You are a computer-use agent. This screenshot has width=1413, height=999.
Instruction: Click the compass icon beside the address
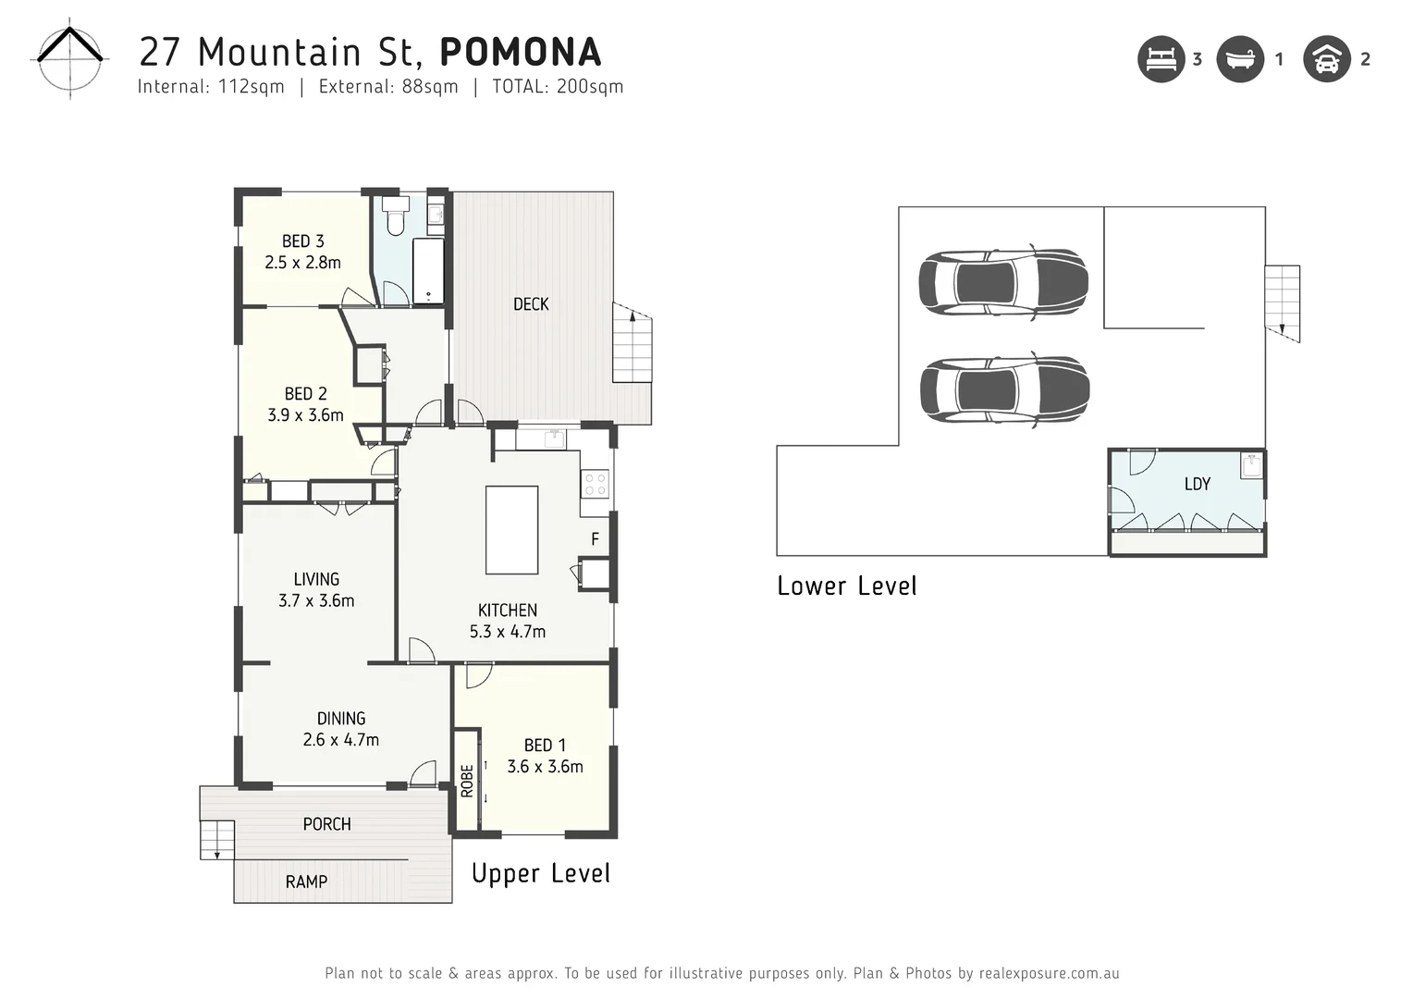coord(70,60)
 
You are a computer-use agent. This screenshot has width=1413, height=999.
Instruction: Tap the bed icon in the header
coord(1161,59)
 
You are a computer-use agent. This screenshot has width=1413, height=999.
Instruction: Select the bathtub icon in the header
coord(1239,59)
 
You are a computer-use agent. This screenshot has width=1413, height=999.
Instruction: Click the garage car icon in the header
coord(1326,59)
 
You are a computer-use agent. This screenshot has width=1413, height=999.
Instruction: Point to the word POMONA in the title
coord(521,52)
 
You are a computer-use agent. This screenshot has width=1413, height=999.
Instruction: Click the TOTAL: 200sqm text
coord(558,87)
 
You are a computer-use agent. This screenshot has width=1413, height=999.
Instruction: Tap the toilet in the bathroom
coord(396,216)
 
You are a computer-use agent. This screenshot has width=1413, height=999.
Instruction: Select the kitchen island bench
coord(511,530)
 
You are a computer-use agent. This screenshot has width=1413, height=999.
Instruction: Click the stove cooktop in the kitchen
coord(595,484)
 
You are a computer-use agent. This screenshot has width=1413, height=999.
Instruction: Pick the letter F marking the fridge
coord(595,539)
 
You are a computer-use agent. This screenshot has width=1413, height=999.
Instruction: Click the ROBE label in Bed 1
coord(467,781)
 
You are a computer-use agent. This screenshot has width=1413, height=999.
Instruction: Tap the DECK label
coord(531,304)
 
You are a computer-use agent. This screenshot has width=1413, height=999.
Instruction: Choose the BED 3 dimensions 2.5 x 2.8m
coord(302,263)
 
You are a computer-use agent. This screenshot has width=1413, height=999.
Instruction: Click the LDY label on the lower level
coord(1197,484)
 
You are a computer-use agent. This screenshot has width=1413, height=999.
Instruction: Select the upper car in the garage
coord(1003,282)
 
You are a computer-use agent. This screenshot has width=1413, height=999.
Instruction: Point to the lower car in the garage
coord(1004,389)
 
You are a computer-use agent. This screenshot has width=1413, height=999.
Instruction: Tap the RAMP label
coord(306,882)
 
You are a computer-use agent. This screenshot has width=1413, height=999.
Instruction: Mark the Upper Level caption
coord(540,873)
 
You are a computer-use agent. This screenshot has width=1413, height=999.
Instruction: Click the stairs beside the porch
coord(217,839)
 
